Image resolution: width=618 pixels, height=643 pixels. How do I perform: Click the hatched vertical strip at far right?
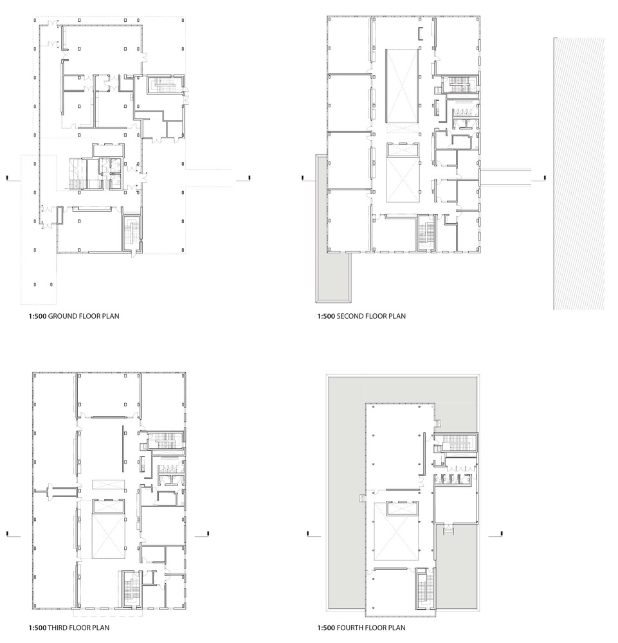tap(568, 174)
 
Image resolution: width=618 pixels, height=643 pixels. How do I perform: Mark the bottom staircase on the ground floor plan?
tap(132, 233)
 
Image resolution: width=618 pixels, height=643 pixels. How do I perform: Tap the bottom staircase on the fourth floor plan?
tap(423, 588)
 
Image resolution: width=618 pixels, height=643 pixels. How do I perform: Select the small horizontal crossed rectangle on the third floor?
tap(107, 484)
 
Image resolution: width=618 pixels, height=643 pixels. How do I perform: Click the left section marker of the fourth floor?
tap(309, 533)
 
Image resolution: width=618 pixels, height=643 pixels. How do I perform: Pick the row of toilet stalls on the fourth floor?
tap(457, 478)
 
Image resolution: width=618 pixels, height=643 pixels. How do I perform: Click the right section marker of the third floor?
tap(207, 533)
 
